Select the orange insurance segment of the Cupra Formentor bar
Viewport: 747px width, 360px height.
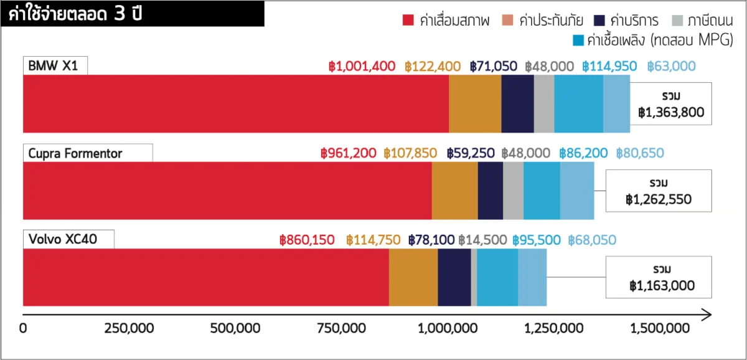coord(454,191)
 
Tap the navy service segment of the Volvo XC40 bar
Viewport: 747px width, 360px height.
coord(454,277)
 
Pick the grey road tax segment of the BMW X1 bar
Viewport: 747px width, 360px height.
coord(543,103)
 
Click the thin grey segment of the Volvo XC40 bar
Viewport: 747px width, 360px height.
coord(474,277)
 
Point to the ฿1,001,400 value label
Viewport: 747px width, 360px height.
coord(362,67)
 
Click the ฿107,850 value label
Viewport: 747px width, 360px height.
coord(410,153)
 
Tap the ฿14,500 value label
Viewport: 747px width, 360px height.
coord(482,240)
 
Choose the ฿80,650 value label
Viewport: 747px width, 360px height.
coord(640,153)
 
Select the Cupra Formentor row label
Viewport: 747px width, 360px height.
coord(75,153)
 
